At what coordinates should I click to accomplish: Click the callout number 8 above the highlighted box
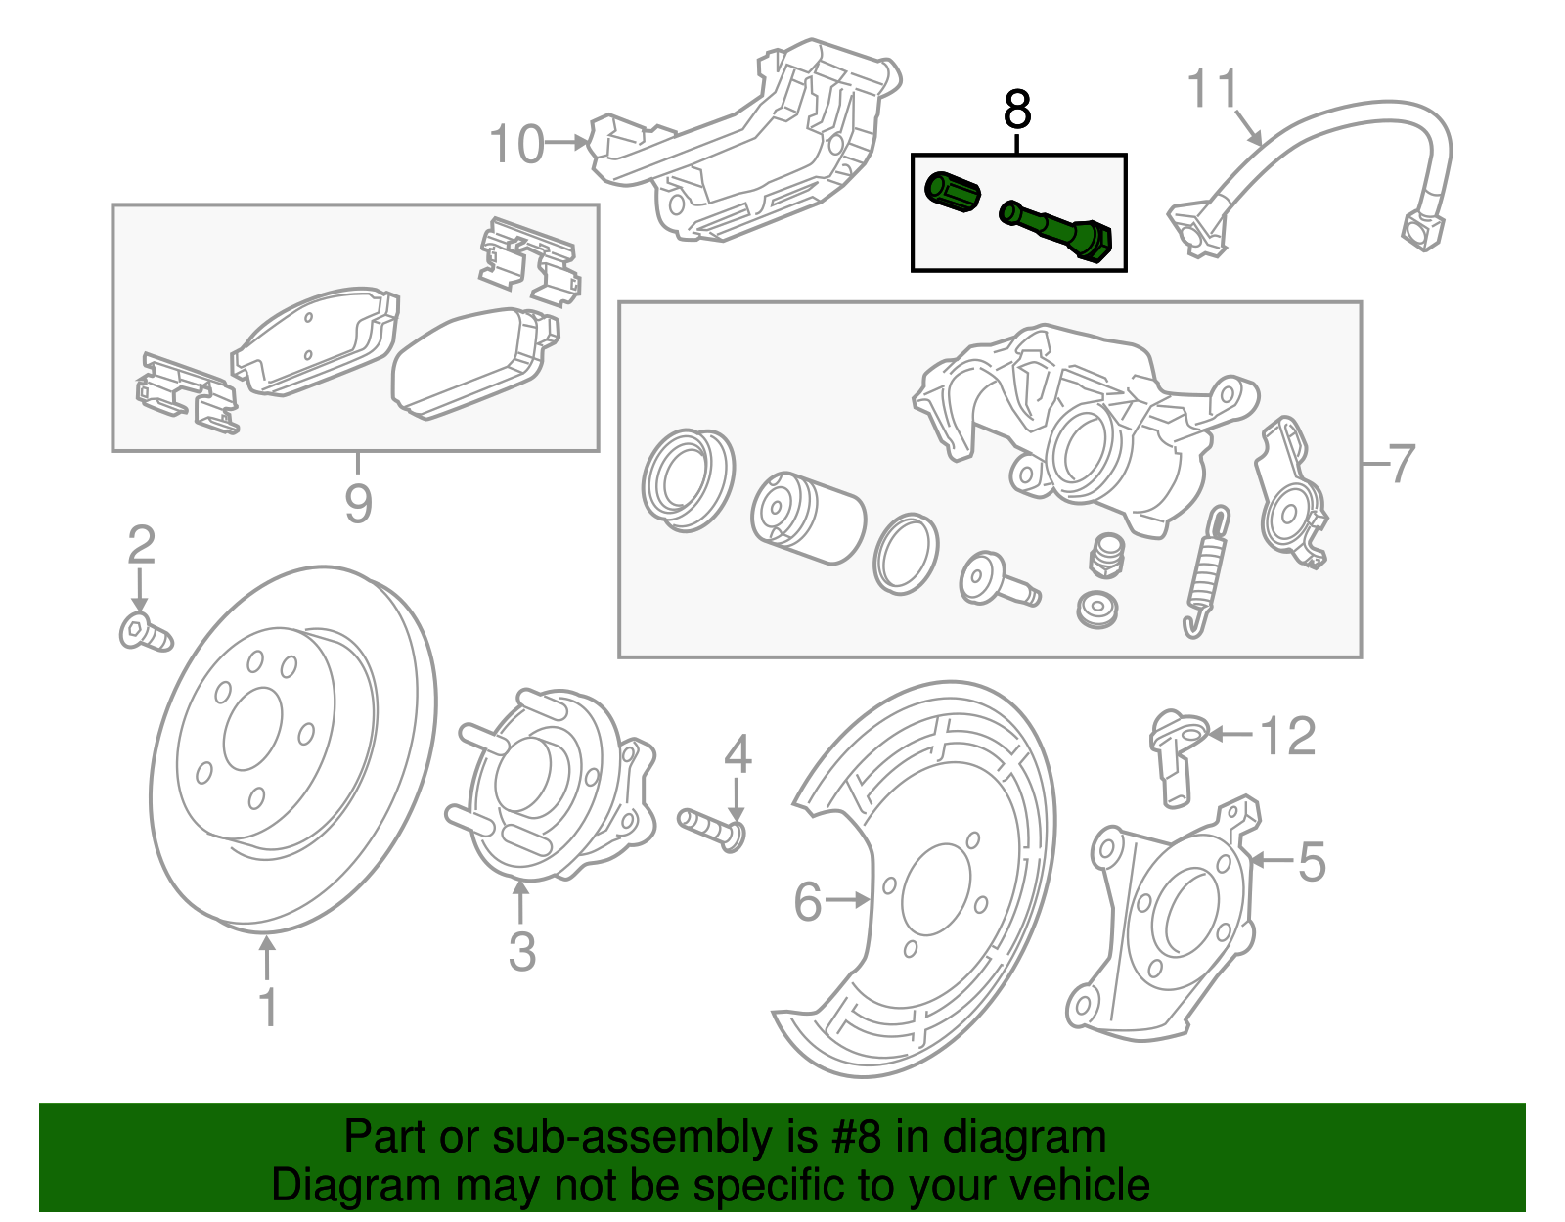(x=1017, y=110)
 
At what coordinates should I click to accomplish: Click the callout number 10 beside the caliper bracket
(x=516, y=145)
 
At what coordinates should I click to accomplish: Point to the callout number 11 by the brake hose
(x=1213, y=89)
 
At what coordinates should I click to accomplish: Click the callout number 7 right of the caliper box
(x=1402, y=462)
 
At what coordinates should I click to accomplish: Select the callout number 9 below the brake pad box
(x=358, y=503)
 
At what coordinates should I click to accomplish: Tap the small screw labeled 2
(x=144, y=632)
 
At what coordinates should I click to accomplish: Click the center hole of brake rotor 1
(x=252, y=729)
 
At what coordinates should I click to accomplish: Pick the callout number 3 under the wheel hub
(x=521, y=951)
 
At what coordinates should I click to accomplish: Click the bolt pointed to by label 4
(x=710, y=828)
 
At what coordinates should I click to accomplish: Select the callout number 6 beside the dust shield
(x=807, y=901)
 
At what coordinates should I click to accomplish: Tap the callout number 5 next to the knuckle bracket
(x=1312, y=862)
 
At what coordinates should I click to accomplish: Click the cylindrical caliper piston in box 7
(x=808, y=519)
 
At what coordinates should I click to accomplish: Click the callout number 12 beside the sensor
(x=1287, y=735)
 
